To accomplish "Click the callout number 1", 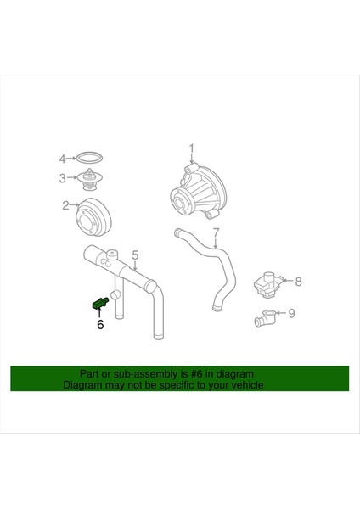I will point(192,148).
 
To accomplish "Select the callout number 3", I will point(63,178).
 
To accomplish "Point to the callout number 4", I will point(62,158).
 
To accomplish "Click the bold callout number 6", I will point(100,323).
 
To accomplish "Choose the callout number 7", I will point(216,231).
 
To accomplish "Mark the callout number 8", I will point(298,280).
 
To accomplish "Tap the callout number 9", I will point(291,314).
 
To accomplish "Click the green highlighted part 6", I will point(98,302).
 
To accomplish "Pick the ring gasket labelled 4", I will point(89,158).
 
